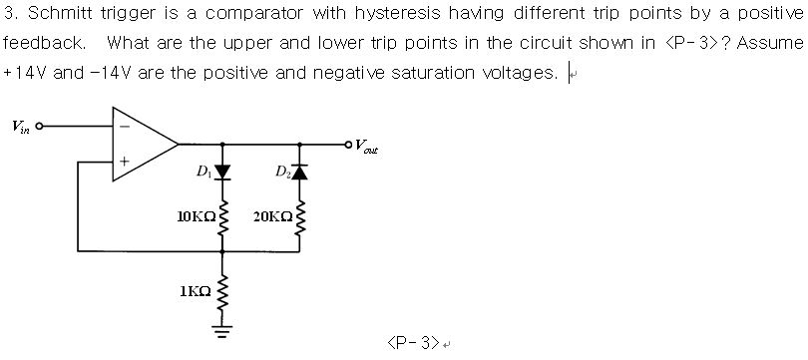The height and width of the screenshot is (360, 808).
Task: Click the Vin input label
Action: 20,127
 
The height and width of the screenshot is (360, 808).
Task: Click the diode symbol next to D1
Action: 221,173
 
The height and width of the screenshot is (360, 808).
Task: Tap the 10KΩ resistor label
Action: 196,215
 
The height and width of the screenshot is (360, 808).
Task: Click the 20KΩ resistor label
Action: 272,215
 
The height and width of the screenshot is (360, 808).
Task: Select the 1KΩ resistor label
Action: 196,291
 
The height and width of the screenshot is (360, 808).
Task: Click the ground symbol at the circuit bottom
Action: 221,331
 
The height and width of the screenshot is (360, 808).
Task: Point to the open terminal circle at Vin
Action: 40,127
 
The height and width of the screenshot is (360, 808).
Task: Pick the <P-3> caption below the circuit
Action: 412,342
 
